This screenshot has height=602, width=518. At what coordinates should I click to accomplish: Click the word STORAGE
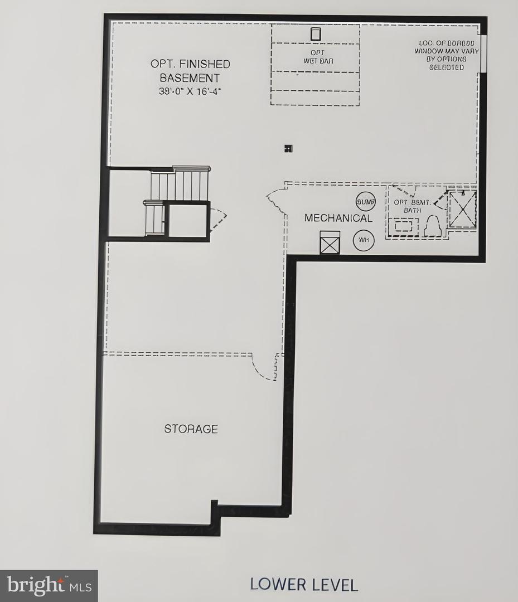(x=191, y=429)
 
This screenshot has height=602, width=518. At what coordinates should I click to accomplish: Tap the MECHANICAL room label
(x=338, y=218)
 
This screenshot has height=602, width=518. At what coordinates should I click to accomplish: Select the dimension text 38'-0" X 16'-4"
(x=190, y=92)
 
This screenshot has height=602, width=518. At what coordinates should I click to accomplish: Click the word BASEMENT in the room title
(x=190, y=78)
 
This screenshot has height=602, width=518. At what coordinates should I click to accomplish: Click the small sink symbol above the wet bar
(x=316, y=34)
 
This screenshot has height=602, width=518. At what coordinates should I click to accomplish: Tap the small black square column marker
(x=288, y=148)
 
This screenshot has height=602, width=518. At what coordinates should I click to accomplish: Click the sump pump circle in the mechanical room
(x=365, y=201)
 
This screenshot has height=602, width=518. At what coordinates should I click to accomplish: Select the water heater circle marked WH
(x=364, y=240)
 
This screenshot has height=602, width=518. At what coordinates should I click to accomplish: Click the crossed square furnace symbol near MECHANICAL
(x=330, y=242)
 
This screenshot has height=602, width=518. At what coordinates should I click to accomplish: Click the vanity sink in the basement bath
(x=404, y=226)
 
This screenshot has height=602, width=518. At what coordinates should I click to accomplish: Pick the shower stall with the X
(x=462, y=209)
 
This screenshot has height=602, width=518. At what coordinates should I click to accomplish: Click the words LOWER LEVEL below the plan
(x=303, y=584)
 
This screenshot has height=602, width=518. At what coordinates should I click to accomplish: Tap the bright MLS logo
(x=49, y=585)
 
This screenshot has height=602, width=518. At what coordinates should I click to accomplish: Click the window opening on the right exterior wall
(x=483, y=54)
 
